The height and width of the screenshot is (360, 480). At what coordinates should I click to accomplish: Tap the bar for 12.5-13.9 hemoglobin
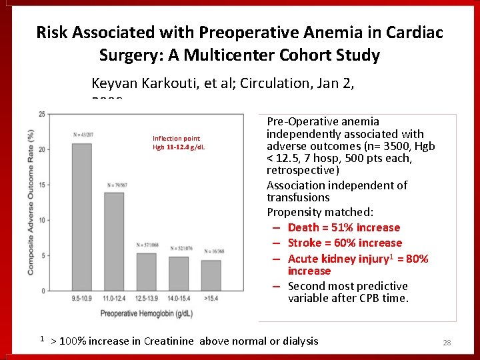146,271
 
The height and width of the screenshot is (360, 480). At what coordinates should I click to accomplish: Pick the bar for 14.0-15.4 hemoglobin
179,273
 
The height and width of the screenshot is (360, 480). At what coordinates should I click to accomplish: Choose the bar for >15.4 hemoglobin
211,275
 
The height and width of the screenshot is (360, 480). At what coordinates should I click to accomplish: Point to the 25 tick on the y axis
42,114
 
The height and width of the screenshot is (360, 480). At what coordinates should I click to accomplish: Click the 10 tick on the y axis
42,220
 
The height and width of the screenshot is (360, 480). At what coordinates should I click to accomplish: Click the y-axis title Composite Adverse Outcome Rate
31,201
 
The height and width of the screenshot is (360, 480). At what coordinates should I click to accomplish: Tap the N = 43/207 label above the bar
83,136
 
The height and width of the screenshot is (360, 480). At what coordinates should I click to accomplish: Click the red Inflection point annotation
176,139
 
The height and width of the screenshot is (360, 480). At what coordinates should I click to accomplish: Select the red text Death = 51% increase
343,227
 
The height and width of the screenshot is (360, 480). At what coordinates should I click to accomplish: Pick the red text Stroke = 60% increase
345,243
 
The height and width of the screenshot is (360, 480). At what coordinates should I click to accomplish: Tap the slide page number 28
447,343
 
